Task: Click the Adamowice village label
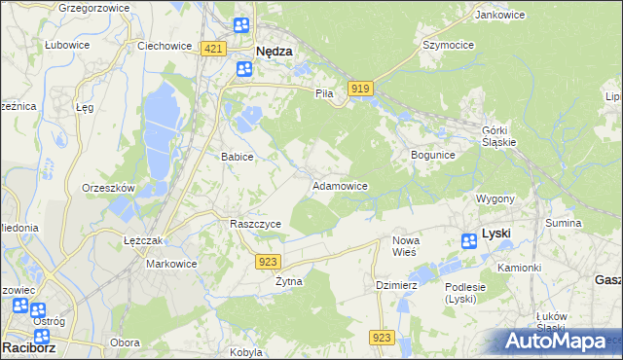(x=339, y=185)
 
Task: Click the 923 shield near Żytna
(x=270, y=261)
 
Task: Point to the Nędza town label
(x=274, y=52)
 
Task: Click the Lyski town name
(x=496, y=234)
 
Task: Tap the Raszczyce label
(x=255, y=224)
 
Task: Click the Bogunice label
(x=433, y=155)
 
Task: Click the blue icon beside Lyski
(x=469, y=240)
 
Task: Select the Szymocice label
(x=447, y=45)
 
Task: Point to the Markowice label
(x=171, y=264)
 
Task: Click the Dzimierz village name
(x=396, y=285)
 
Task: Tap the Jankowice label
(x=495, y=15)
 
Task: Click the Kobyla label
(x=246, y=352)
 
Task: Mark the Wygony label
(x=495, y=198)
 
